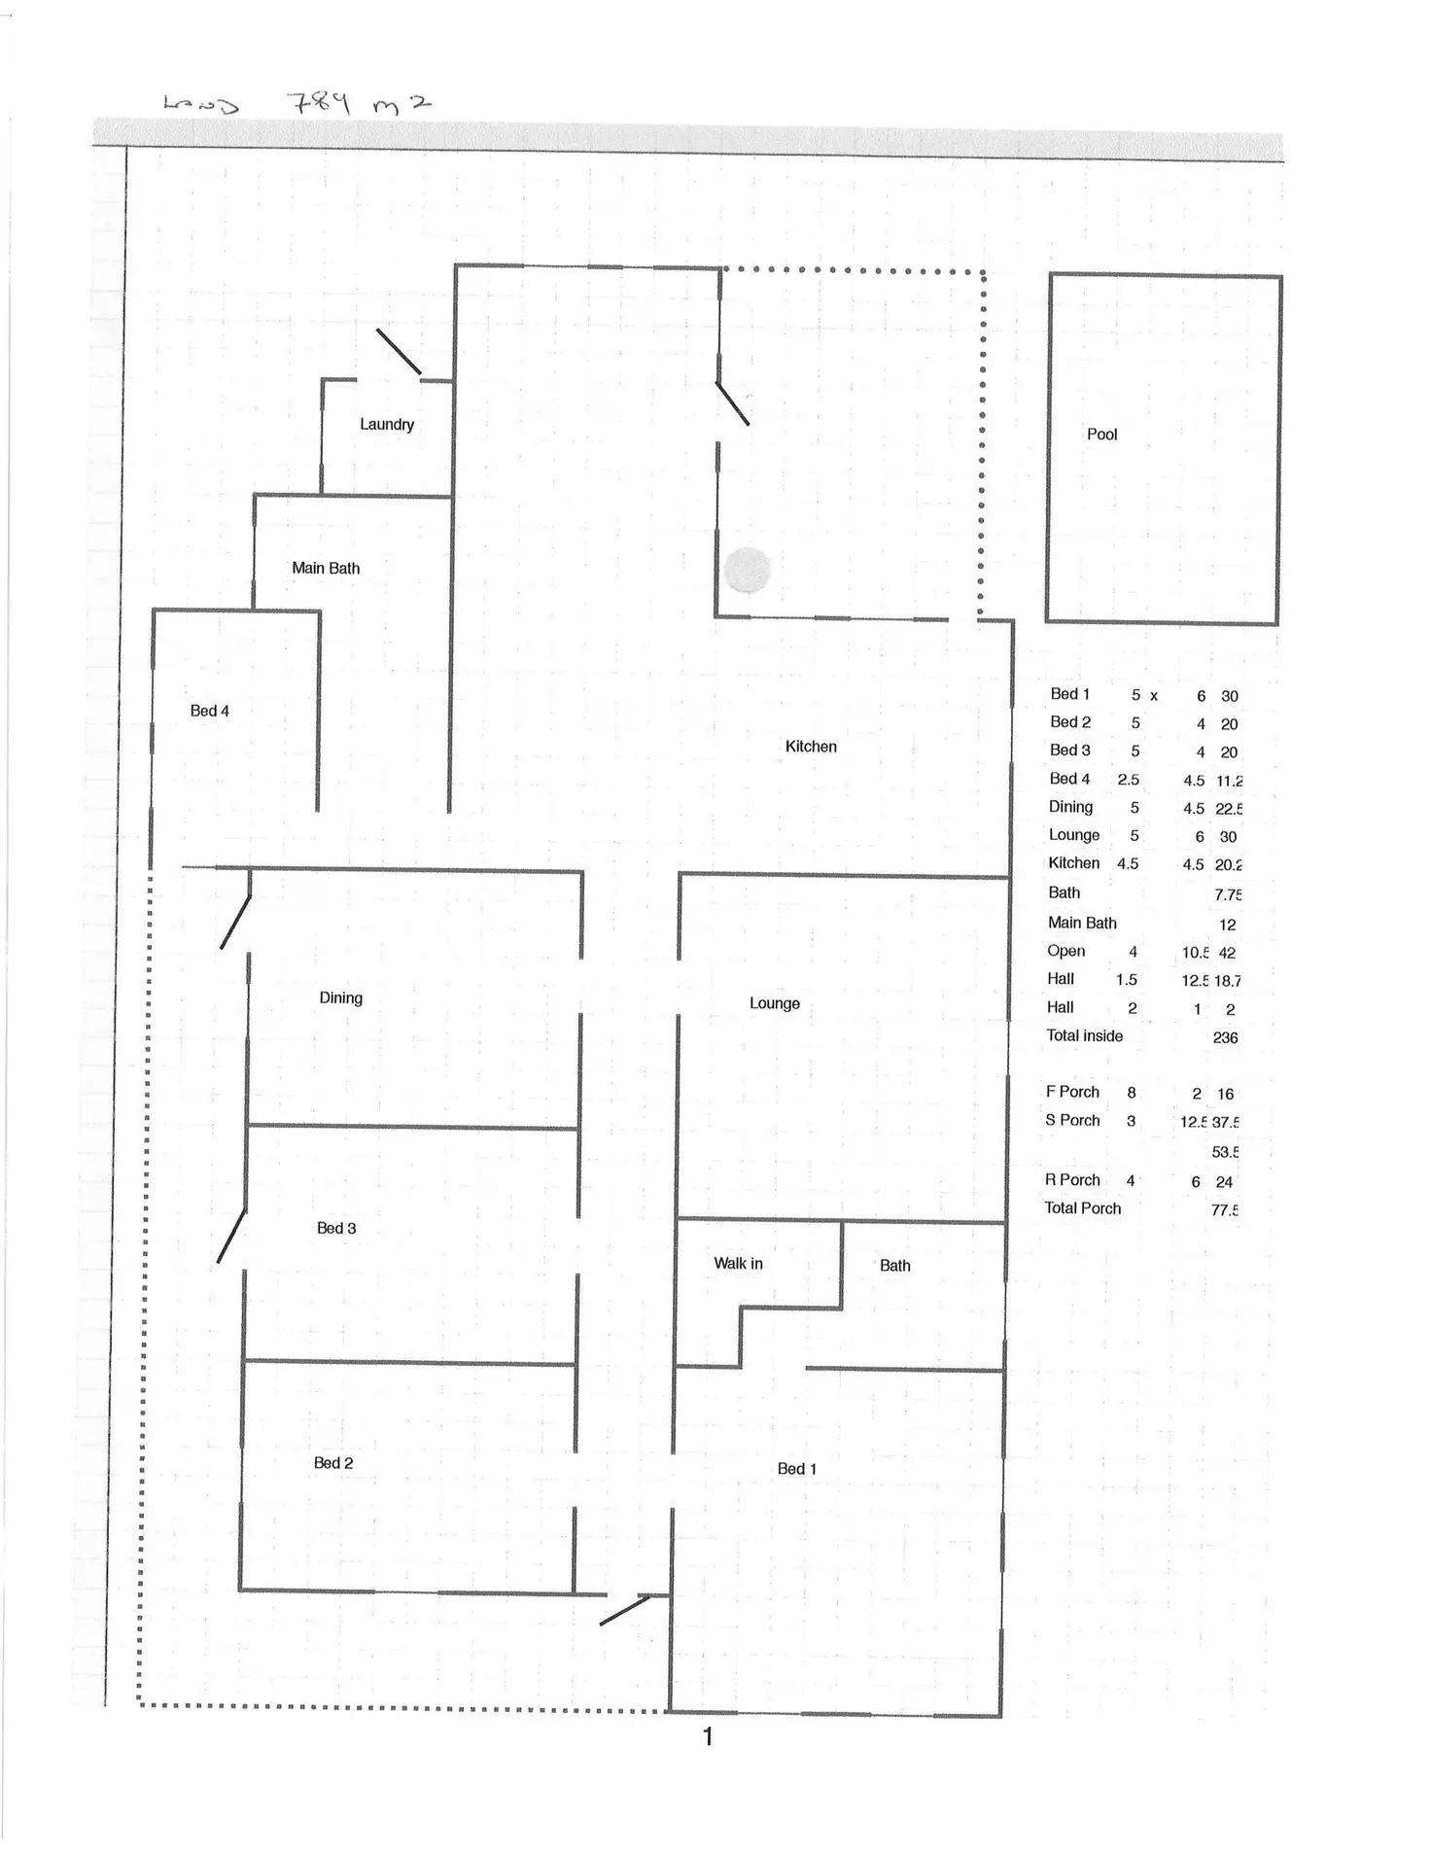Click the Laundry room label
[387, 425]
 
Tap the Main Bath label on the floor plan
[326, 569]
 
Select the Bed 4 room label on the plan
[209, 712]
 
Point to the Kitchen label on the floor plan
[811, 747]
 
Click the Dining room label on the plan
[340, 998]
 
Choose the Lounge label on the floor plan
[774, 1003]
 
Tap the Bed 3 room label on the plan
[336, 1229]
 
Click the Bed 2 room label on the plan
[332, 1463]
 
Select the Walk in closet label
[738, 1264]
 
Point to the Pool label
[1101, 435]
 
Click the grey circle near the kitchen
[748, 570]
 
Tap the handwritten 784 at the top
[318, 101]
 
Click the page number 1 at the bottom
[708, 1736]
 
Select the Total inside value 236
[1225, 1038]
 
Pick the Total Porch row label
[1082, 1208]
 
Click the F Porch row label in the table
[1072, 1092]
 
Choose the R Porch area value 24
[1224, 1182]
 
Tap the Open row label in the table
[1065, 951]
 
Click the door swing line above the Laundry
[399, 351]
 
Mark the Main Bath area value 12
[1227, 925]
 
